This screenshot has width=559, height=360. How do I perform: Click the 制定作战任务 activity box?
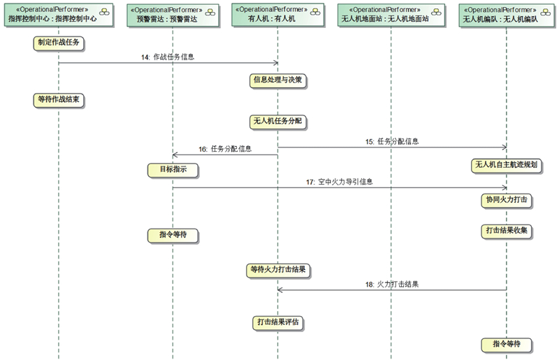(58, 43)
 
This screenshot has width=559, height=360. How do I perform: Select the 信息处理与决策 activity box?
(278, 80)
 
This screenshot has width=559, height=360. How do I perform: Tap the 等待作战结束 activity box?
(59, 100)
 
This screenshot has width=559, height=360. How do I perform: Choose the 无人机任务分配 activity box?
(279, 121)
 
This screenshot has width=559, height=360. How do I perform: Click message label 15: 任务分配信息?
(393, 141)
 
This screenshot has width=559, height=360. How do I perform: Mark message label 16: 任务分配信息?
(226, 149)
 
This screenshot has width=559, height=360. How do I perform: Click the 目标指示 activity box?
(173, 169)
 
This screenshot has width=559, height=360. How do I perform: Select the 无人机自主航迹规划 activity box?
(509, 165)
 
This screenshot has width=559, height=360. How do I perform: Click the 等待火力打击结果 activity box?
(279, 268)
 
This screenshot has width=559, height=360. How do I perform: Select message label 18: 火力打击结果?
(393, 285)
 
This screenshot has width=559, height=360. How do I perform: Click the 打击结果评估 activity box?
(279, 322)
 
